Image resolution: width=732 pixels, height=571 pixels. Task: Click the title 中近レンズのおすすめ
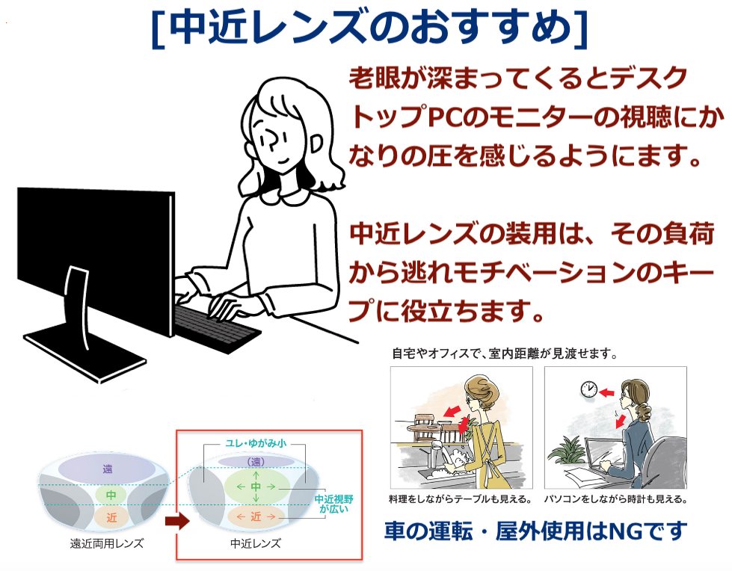(x=369, y=27)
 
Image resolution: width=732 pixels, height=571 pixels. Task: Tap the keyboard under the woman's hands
(x=217, y=327)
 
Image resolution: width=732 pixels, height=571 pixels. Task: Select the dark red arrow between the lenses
(x=177, y=521)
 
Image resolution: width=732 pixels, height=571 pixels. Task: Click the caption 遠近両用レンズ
(x=107, y=543)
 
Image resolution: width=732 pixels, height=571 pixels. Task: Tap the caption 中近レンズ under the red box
(x=256, y=543)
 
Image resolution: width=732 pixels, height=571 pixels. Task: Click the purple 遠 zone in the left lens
(x=108, y=469)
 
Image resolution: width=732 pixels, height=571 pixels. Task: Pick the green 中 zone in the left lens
(x=111, y=495)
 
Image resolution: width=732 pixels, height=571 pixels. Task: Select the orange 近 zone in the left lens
(x=111, y=517)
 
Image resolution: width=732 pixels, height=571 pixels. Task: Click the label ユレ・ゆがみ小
(x=256, y=443)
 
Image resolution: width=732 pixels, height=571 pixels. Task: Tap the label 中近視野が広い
(x=333, y=504)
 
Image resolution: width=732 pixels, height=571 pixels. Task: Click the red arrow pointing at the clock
(x=606, y=392)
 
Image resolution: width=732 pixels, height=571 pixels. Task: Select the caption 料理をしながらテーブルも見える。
(x=461, y=499)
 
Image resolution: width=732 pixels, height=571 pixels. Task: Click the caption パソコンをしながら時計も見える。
(x=616, y=499)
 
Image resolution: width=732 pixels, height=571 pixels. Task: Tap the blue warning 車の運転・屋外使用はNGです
(x=536, y=531)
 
